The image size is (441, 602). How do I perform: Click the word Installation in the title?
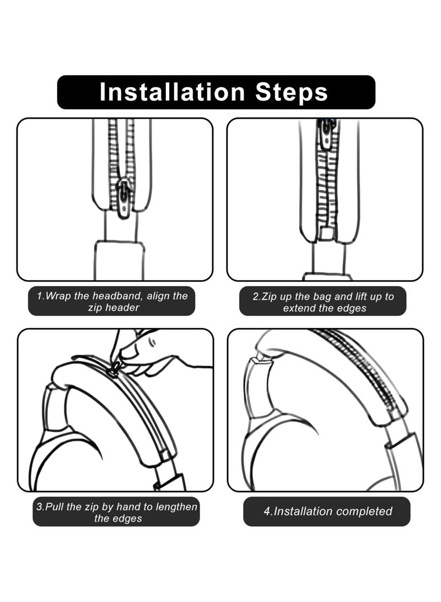172,92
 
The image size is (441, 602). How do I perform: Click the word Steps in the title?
292,92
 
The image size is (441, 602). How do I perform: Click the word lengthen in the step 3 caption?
176,508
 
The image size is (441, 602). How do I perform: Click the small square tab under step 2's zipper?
327,234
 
